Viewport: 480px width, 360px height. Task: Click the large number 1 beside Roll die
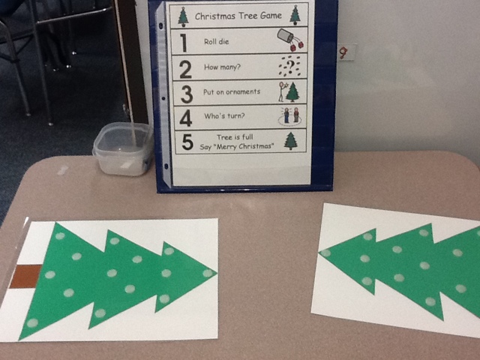[184, 43]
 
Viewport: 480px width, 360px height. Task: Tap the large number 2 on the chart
[185, 70]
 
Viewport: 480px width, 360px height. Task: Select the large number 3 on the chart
[187, 94]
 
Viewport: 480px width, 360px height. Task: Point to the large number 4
[186, 118]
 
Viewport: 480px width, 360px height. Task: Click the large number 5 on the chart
[187, 142]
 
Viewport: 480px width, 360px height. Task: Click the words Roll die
[217, 42]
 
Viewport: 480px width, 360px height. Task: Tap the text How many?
[223, 67]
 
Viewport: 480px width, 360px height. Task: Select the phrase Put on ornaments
[232, 91]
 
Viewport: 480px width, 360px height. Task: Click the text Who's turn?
[224, 115]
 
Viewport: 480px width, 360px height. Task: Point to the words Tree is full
[235, 136]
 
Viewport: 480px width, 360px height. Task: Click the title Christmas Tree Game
[238, 16]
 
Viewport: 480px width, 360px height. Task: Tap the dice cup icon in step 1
[290, 39]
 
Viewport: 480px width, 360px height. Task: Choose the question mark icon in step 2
[289, 66]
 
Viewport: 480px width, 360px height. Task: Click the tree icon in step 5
[291, 141]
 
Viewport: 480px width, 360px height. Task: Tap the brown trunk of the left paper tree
[25, 277]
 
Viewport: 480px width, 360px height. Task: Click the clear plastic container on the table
[123, 148]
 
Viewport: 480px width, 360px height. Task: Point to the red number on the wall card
[343, 53]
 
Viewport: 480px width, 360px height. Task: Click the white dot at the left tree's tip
[208, 273]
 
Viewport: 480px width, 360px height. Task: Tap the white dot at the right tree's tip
[325, 253]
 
